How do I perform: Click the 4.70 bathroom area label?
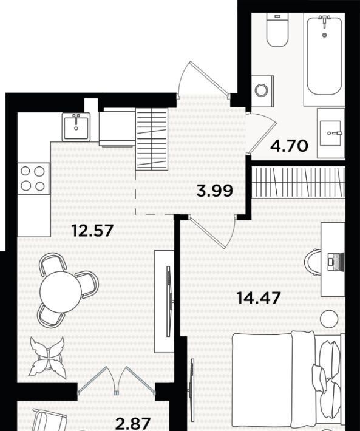289,146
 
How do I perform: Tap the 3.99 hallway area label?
215,191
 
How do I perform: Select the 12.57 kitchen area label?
93,230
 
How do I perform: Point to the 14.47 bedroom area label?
259,297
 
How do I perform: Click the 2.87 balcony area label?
133,424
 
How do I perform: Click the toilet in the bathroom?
277,30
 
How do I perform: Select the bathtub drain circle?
325,35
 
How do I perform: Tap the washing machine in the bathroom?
262,92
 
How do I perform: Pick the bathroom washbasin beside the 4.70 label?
331,134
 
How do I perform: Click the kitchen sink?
76,127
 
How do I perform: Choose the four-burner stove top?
33,178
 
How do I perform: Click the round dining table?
61,291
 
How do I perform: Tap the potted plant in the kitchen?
47,358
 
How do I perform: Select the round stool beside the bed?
330,319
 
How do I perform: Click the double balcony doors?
117,381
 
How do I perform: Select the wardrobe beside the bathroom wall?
298,182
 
